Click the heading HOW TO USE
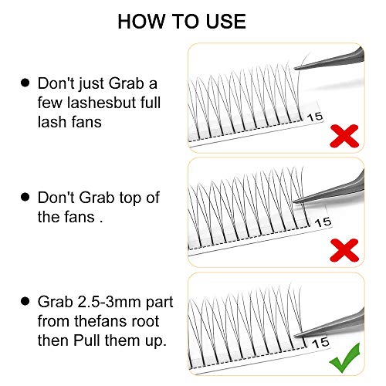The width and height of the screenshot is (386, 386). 181,22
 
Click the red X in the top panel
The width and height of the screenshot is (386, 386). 344,136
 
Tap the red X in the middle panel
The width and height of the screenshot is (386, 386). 344,250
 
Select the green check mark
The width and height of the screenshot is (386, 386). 345,357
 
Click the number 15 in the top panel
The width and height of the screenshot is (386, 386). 315,117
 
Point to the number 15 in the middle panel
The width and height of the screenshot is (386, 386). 323,222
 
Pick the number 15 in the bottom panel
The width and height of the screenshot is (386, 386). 320,343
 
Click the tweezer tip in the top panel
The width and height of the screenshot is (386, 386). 295,68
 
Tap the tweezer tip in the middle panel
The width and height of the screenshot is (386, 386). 294,201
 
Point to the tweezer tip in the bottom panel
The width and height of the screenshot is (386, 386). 295,335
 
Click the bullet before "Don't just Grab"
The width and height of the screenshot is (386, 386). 25,83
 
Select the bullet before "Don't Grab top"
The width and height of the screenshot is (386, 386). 25,197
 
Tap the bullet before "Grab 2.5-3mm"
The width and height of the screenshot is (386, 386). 25,301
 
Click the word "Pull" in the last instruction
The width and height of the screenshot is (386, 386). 87,340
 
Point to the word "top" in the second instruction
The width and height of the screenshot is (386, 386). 131,198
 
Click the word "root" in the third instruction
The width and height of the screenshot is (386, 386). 145,322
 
